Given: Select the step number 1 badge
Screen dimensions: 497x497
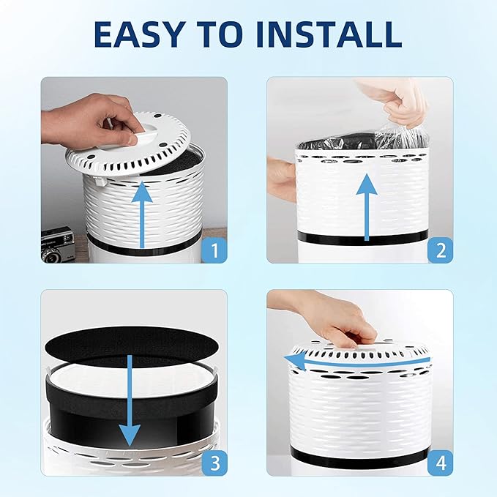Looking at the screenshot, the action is coord(215,250).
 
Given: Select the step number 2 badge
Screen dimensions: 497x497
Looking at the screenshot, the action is coord(441,250).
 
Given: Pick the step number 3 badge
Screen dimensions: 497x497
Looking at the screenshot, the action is coord(215,463).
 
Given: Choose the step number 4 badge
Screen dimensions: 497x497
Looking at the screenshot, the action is coord(441,463).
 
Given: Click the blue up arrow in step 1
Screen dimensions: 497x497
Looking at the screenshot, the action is coord(142,214).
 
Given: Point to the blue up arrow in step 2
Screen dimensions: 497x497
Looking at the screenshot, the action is coord(367,207).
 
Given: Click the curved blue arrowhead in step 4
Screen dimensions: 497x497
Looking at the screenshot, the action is coord(295,362).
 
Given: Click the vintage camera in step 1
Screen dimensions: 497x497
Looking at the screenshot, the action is coord(58,244).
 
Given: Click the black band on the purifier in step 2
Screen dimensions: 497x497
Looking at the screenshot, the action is coord(362,237).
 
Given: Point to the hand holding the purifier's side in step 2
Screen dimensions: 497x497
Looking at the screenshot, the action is coord(282,178).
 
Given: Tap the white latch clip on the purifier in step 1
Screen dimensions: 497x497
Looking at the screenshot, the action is coord(100,182).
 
